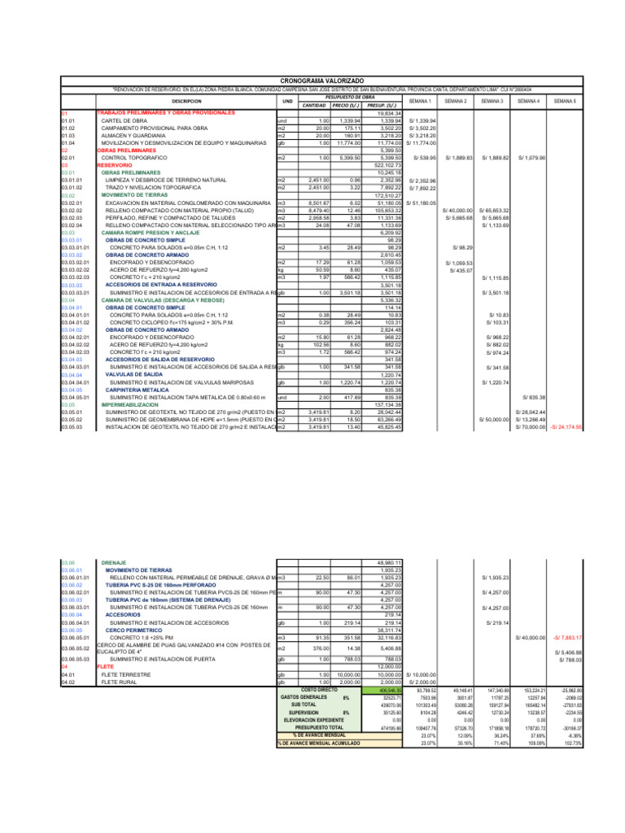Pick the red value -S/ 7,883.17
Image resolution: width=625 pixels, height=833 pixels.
566,637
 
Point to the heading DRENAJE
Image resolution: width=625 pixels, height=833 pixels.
113,562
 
